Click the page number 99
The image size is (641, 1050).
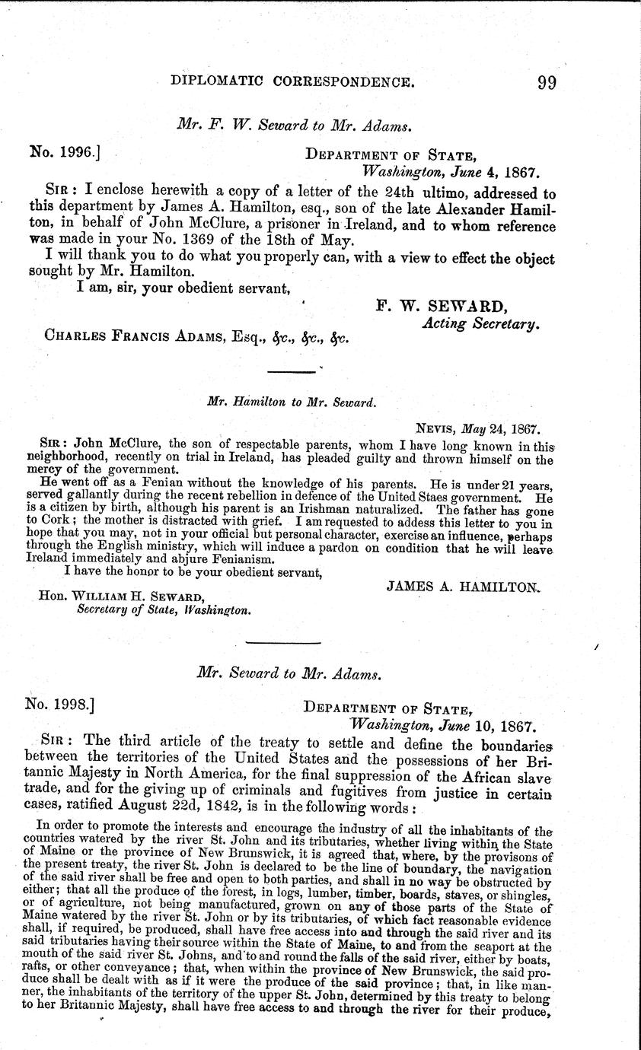click(x=546, y=81)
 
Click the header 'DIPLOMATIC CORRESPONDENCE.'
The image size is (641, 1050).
click(x=294, y=81)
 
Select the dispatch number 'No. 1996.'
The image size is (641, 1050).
click(x=65, y=151)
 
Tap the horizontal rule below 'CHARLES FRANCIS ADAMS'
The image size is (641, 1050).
click(x=293, y=371)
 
